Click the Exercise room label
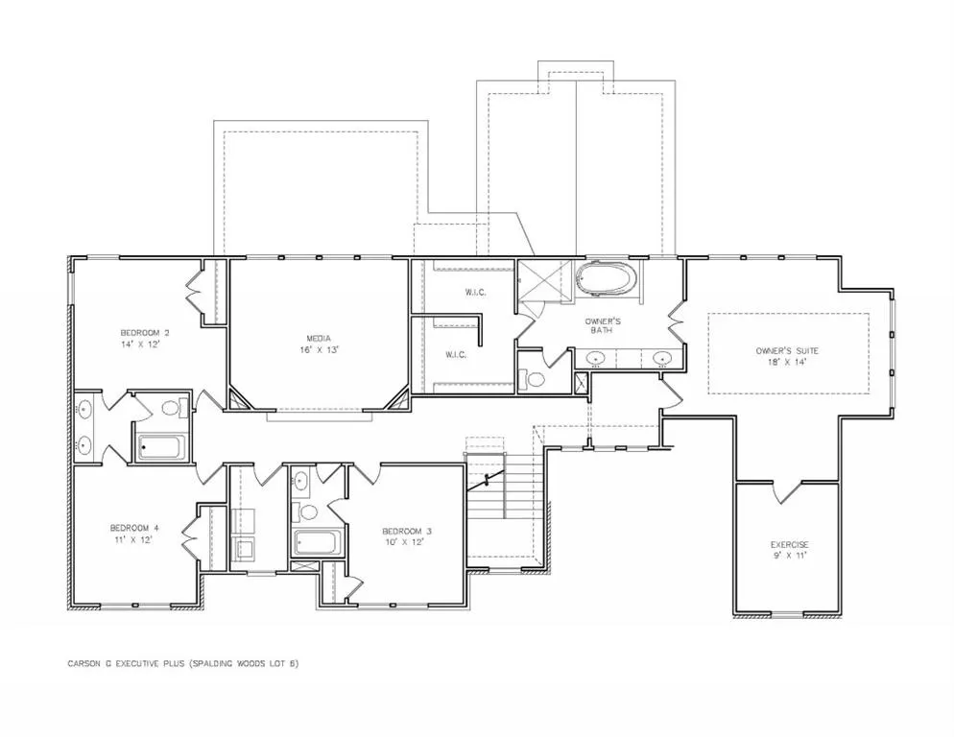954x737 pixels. (790, 545)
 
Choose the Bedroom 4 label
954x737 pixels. (133, 528)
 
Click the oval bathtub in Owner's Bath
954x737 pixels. (607, 280)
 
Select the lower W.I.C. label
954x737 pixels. (456, 354)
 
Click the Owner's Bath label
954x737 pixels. (606, 325)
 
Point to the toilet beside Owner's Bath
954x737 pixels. (535, 379)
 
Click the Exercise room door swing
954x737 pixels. (787, 491)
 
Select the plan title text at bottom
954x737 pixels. (183, 663)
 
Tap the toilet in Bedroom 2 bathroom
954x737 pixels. (171, 409)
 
